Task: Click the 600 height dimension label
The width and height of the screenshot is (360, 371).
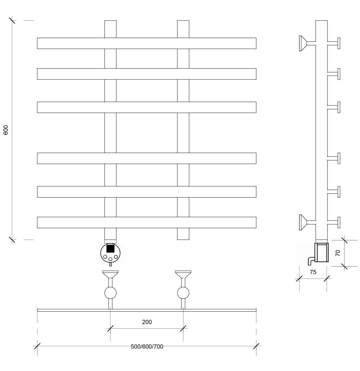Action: (x=6, y=130)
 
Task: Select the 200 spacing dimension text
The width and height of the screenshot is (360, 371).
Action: (x=147, y=322)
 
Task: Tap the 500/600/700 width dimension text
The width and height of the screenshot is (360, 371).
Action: (x=147, y=346)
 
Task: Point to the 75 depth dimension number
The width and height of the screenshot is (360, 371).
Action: (x=313, y=272)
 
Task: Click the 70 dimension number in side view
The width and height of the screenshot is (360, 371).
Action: (x=337, y=253)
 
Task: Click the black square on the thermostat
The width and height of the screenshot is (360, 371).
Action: (x=110, y=249)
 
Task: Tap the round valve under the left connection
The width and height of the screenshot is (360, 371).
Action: (x=110, y=293)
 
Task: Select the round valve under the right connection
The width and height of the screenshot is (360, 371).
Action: (x=183, y=293)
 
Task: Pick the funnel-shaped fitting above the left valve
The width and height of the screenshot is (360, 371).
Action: (x=110, y=274)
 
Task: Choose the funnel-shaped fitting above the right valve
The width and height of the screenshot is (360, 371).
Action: (x=183, y=274)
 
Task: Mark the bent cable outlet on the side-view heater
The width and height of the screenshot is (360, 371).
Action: (x=311, y=261)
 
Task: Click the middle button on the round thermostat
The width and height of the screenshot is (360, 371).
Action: (x=110, y=259)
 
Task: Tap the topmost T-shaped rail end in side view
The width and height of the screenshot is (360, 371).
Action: (x=334, y=43)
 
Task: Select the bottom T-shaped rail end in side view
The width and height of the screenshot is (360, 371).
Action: (x=334, y=222)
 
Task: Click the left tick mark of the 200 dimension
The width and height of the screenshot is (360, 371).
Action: (x=110, y=328)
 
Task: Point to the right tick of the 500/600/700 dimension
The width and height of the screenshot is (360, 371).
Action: (x=256, y=346)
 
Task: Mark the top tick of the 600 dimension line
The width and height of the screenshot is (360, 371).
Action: (x=12, y=20)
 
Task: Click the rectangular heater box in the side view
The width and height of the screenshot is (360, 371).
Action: (x=321, y=252)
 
